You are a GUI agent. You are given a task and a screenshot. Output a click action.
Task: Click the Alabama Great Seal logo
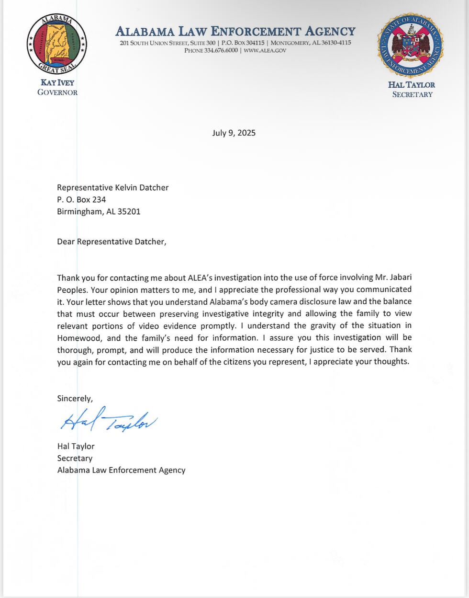[x=56, y=44]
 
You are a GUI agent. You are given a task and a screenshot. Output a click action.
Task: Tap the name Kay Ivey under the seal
[x=57, y=83]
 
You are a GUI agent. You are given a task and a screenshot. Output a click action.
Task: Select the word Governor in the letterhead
[x=57, y=92]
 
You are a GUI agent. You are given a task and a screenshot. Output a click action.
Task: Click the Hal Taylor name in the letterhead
[x=412, y=85]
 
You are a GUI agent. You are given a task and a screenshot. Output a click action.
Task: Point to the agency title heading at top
[x=235, y=32]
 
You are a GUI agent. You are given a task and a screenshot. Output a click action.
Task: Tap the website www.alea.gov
[x=265, y=50]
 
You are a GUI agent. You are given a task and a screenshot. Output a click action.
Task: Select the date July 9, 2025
[x=234, y=133]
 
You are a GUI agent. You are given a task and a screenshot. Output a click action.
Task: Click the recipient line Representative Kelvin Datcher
[x=112, y=187]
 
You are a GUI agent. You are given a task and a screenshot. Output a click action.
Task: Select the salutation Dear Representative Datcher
[x=112, y=241]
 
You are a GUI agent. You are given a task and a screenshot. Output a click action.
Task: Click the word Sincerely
[x=75, y=398]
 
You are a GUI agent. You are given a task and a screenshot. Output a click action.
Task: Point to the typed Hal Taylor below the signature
[x=76, y=446]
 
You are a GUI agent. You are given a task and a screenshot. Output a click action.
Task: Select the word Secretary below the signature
[x=75, y=458]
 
